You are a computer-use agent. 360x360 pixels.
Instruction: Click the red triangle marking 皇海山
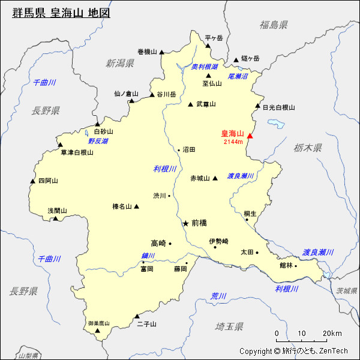pos(250,136)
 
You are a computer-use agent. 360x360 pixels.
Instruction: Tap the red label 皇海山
pos(233,133)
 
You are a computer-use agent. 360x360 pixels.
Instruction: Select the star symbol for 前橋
pos(185,223)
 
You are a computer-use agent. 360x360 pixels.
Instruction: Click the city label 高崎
pos(158,243)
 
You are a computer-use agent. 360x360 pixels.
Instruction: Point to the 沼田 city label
pos(189,149)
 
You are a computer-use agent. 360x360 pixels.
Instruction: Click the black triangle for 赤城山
pos(214,178)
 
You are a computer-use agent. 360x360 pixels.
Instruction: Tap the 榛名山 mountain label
pos(122,206)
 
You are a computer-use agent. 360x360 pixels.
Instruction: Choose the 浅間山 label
pos(57,211)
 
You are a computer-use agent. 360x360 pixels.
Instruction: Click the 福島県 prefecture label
pos(274,25)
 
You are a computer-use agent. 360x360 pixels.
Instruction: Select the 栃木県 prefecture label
pos(308,148)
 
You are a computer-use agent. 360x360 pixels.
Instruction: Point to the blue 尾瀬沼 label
pos(238,76)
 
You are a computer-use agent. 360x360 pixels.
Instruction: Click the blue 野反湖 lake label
pos(98,141)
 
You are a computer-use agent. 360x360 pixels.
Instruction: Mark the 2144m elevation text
pos(233,142)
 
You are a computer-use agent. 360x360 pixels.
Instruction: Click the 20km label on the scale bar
pos(332,334)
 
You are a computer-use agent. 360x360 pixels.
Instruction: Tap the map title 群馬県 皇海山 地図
pos(61,12)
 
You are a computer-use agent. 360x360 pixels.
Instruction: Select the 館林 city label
pos(286,265)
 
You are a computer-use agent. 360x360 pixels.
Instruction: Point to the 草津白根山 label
pos(77,152)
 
